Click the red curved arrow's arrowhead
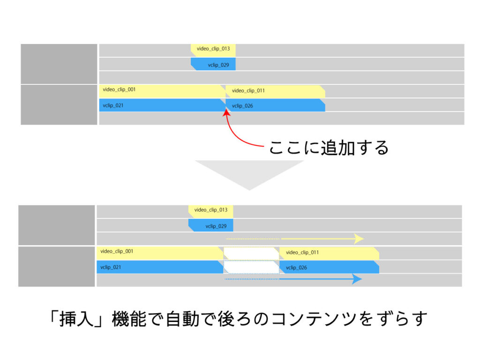click(x=227, y=112)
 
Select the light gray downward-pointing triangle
click(x=249, y=174)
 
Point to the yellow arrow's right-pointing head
click(x=359, y=239)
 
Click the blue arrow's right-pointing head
click(x=357, y=279)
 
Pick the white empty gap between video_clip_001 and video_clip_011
click(x=251, y=253)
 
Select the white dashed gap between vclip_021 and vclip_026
click(x=251, y=267)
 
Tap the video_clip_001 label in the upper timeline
click(x=119, y=90)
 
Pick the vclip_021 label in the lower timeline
click(x=111, y=268)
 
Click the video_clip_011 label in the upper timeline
click(x=248, y=91)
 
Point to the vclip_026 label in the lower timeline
click(x=296, y=268)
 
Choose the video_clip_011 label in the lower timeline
click(x=302, y=253)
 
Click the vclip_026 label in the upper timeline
click(x=242, y=106)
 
